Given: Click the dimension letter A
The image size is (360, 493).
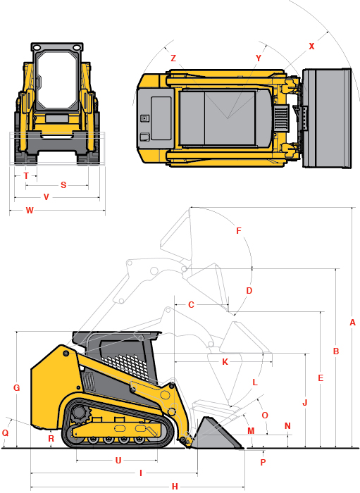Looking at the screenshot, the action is tap(352, 323).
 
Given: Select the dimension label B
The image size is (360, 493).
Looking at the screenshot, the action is tap(336, 351).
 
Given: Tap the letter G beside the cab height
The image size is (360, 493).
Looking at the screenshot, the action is tap(17, 387).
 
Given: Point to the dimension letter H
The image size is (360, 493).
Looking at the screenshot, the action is tap(175, 487).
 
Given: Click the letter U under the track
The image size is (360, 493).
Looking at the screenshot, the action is tap(118, 461).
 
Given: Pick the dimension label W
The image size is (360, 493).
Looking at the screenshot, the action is tap(30, 211).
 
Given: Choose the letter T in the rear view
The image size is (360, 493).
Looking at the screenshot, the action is tap(26, 176).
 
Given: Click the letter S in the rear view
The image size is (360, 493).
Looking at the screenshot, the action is tap(63, 185).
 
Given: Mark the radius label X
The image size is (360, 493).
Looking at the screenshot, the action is tap(311, 46).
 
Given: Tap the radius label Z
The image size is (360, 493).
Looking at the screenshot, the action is tap(173, 58).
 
